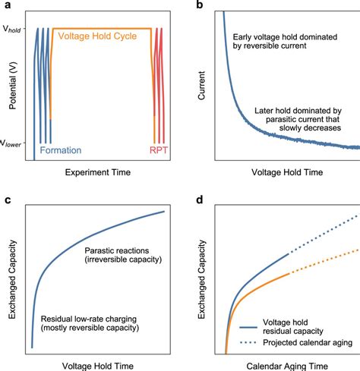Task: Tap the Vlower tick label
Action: pos(11,142)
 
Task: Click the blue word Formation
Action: pos(62,150)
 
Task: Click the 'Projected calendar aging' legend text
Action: pos(308,342)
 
